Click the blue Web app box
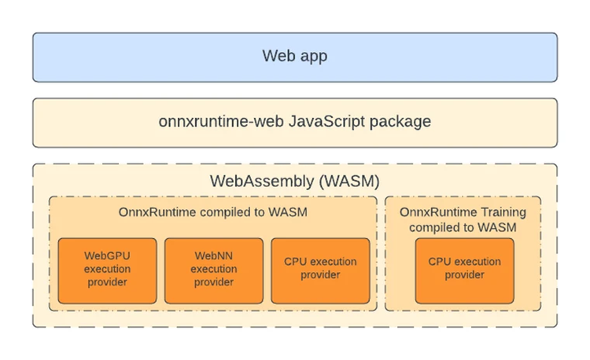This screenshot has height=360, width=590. [x=294, y=57]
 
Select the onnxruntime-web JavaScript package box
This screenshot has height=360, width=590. [x=294, y=122]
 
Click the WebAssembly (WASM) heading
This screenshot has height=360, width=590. [x=294, y=182]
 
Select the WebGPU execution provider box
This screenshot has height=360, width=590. [x=107, y=270]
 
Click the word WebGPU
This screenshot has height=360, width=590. [x=107, y=255]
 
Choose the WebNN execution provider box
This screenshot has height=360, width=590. [x=213, y=270]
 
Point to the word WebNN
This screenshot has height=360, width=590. [x=213, y=255]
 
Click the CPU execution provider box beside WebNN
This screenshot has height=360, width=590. [x=320, y=270]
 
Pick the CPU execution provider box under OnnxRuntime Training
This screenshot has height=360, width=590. [x=464, y=270]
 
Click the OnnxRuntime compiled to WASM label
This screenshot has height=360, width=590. [x=213, y=212]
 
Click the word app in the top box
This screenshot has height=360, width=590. [x=312, y=57]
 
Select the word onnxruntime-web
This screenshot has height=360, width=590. [x=208, y=122]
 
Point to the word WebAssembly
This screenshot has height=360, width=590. [x=261, y=182]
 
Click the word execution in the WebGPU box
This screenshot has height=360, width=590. [x=107, y=269]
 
